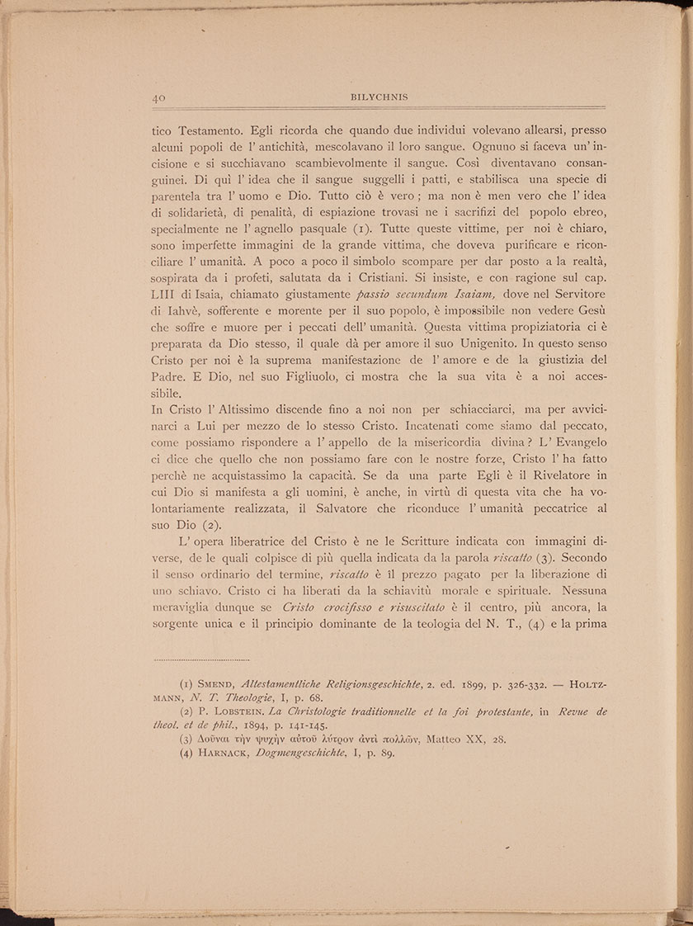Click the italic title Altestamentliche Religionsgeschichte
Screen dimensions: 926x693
342,683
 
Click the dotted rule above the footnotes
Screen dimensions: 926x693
202,659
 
